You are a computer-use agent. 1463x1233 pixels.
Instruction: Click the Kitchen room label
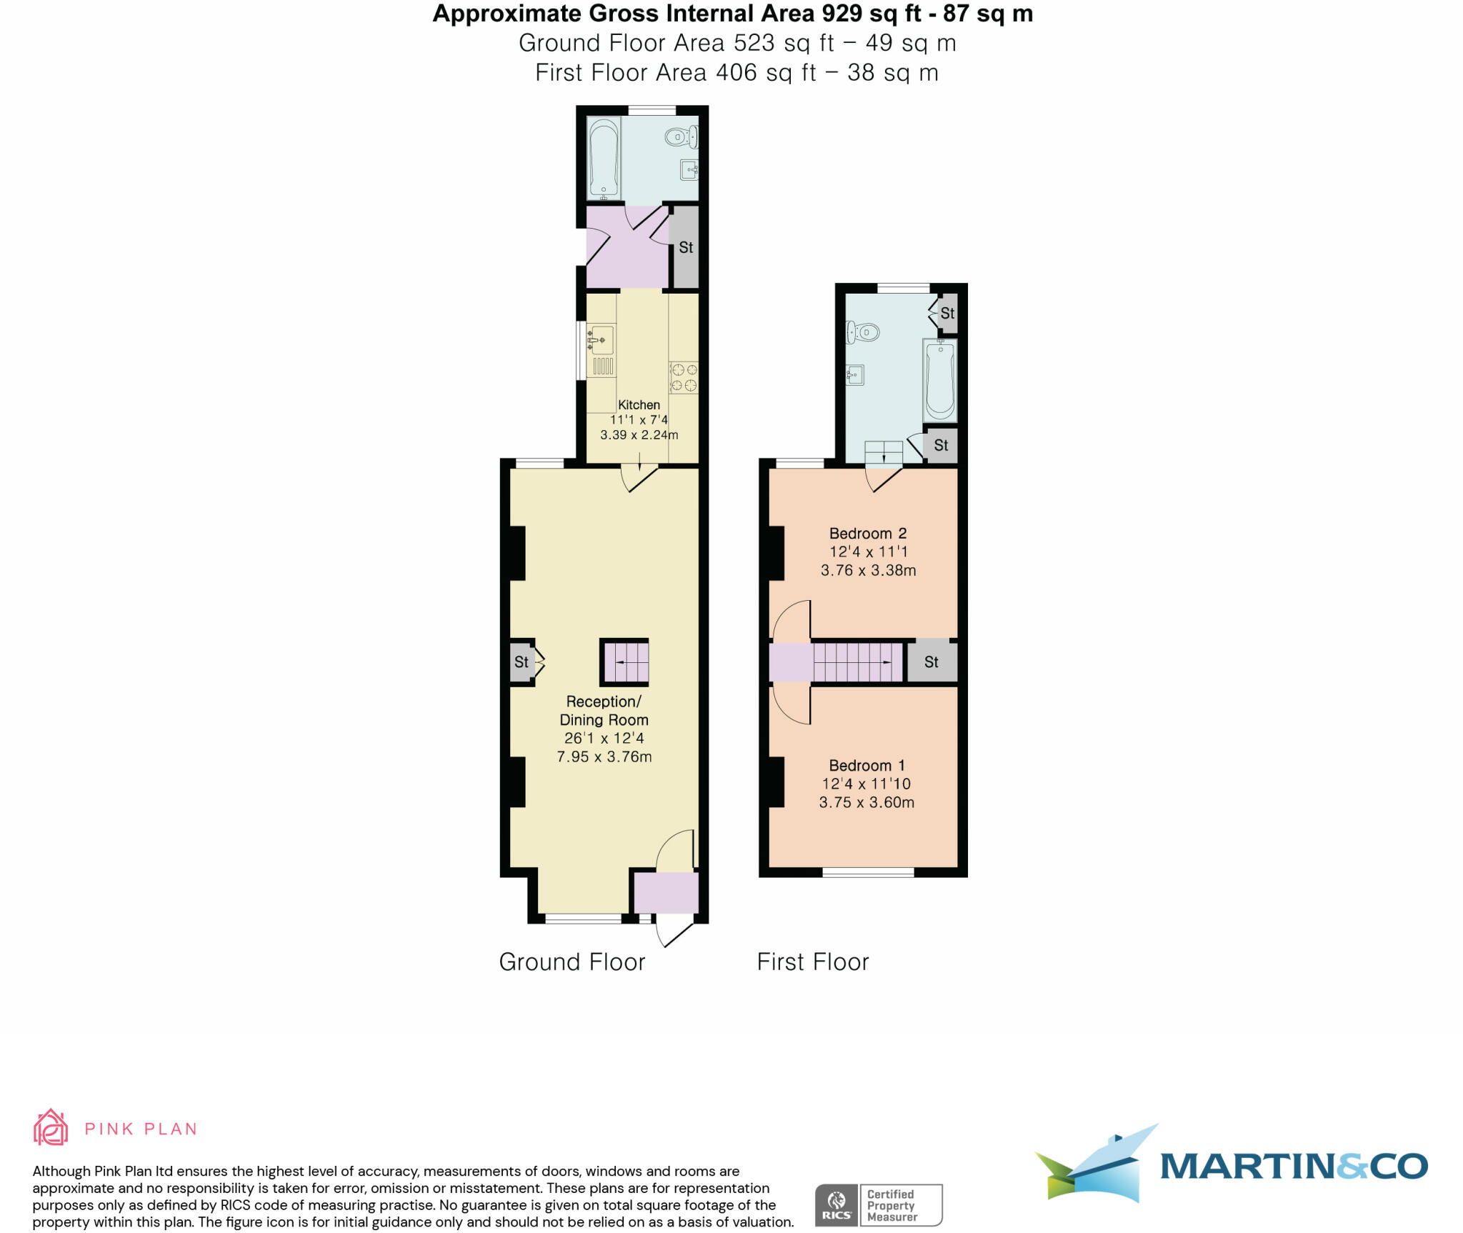click(x=639, y=405)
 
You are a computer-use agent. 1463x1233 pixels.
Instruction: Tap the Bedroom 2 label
click(x=868, y=534)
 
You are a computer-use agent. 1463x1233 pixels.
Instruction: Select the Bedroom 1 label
click(x=867, y=766)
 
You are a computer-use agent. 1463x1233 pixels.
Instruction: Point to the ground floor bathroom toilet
click(x=679, y=136)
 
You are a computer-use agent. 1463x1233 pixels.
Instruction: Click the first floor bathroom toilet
click(x=863, y=331)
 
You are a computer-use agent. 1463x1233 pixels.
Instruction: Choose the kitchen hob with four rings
click(x=684, y=378)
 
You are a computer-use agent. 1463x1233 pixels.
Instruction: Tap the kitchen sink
click(x=601, y=339)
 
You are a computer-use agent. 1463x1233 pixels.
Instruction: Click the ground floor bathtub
click(x=603, y=159)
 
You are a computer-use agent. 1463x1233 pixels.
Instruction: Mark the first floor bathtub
click(x=940, y=380)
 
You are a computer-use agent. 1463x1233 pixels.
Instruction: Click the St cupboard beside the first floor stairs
click(x=932, y=662)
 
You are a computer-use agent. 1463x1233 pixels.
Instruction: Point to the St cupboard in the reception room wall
click(x=521, y=662)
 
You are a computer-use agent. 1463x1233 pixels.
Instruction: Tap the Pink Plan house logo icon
click(x=51, y=1128)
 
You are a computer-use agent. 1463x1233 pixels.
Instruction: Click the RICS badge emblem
click(x=837, y=1206)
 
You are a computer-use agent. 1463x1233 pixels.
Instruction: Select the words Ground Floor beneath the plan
click(x=571, y=962)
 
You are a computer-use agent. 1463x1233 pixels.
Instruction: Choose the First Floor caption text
click(x=813, y=962)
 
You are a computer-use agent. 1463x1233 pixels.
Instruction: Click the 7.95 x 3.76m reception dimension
click(x=604, y=757)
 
